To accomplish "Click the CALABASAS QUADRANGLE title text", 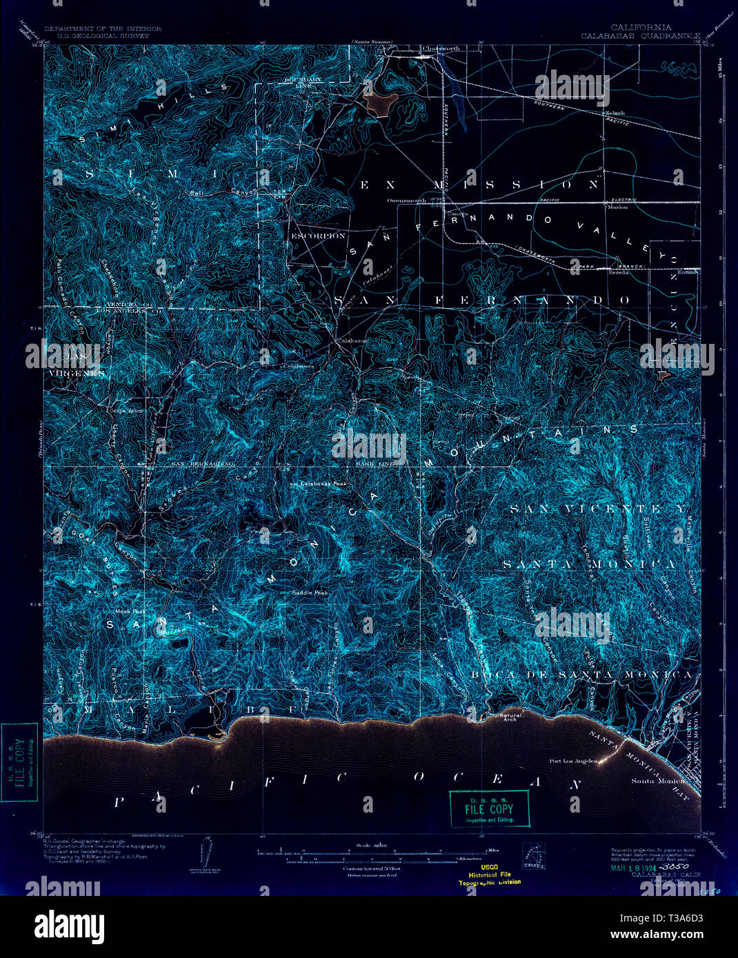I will coord(640,35).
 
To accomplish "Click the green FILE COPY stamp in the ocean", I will coord(489,808).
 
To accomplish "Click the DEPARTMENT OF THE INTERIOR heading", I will coord(103,29).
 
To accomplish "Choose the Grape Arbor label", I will coord(126,411).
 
